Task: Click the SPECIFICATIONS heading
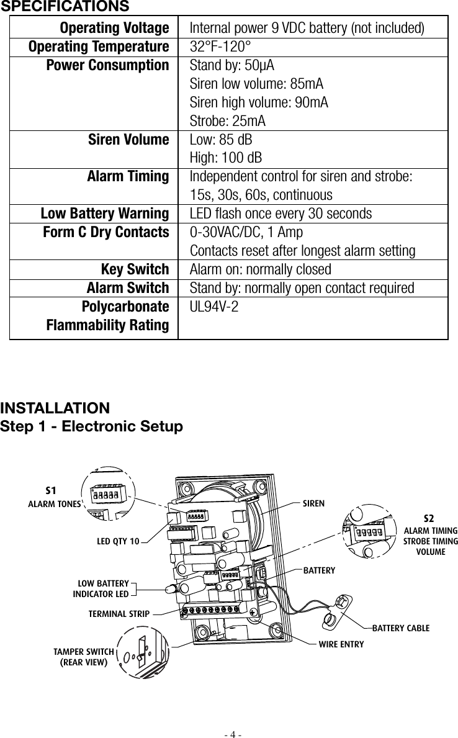pyautogui.click(x=65, y=6)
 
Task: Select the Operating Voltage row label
pyautogui.click(x=114, y=29)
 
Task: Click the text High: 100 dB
pyautogui.click(x=225, y=158)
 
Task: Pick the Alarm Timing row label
pyautogui.click(x=128, y=177)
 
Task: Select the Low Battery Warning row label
pyautogui.click(x=104, y=214)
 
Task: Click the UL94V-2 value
pyautogui.click(x=214, y=307)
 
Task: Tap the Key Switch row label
pyautogui.click(x=135, y=270)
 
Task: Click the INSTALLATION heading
pyautogui.click(x=55, y=408)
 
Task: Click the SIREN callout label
pyautogui.click(x=313, y=503)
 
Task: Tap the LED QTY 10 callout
pyautogui.click(x=118, y=542)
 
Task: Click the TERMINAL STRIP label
pyautogui.click(x=119, y=614)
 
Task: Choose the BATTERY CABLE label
pyautogui.click(x=400, y=628)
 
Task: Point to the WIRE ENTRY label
pyautogui.click(x=341, y=645)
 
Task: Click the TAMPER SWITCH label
pyautogui.click(x=83, y=651)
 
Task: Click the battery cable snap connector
pyautogui.click(x=341, y=601)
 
